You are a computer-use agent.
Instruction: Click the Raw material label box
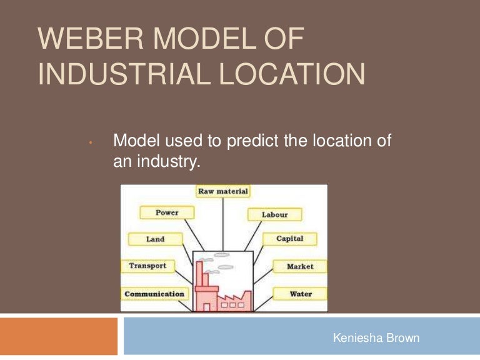tap(223, 191)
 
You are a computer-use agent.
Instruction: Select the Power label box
tap(167, 213)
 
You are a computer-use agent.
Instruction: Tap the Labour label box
tap(274, 214)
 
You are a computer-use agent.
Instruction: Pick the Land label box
tap(155, 239)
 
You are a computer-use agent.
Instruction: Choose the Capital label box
tap(289, 239)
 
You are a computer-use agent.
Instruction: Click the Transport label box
tap(147, 266)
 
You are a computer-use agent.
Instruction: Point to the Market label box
tap(300, 266)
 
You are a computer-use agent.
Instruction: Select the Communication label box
tap(154, 294)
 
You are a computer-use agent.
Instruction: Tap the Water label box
tap(301, 294)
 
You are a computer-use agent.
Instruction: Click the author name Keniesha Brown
tap(376, 338)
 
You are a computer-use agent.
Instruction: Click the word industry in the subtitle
tap(171, 162)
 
